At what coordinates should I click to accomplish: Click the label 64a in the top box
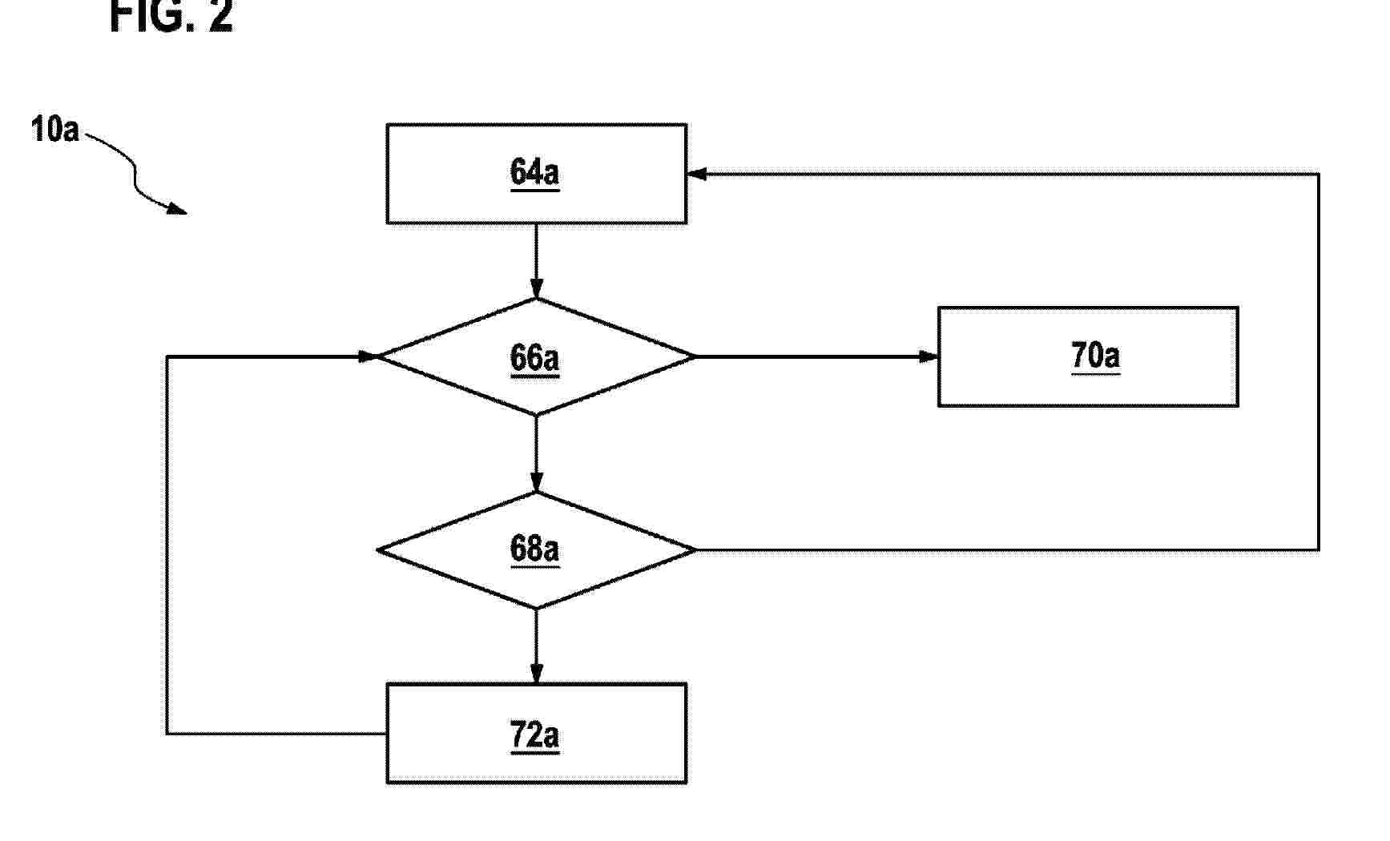(534, 173)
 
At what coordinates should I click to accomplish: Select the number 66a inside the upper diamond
(534, 358)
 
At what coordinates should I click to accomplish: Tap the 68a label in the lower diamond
(534, 549)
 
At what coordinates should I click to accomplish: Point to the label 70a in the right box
(1095, 356)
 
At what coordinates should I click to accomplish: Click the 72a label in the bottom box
(534, 734)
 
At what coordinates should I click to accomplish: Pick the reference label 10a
(55, 129)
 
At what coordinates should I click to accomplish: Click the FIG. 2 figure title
(171, 16)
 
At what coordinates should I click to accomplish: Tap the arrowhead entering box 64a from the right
(696, 174)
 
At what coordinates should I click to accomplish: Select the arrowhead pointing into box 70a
(929, 356)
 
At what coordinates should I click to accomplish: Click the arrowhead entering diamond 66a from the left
(368, 356)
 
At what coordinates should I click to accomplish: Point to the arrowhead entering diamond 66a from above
(537, 288)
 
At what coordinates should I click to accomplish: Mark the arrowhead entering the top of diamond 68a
(537, 481)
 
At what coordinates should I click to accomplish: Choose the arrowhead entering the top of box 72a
(537, 674)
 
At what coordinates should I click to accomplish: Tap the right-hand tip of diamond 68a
(695, 549)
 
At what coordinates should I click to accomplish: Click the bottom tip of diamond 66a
(537, 415)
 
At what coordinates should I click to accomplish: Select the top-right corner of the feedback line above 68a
(1319, 174)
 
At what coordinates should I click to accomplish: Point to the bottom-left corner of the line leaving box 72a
(167, 733)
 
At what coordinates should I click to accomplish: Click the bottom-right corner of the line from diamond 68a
(1319, 549)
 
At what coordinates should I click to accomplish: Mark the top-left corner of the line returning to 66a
(167, 356)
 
